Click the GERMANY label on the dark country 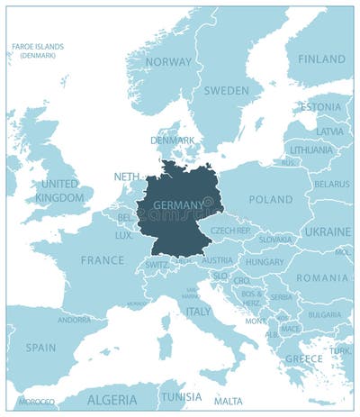click(177, 205)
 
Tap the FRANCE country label click(103, 259)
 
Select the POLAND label click(270, 199)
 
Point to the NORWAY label click(168, 62)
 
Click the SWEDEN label click(226, 91)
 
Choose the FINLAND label click(321, 59)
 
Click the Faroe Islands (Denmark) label click(37, 50)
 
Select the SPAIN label click(40, 347)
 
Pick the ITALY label click(198, 311)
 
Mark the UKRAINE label click(328, 231)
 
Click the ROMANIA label click(322, 278)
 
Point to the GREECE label click(303, 358)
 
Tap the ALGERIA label click(112, 398)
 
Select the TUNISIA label click(182, 397)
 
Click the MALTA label click(228, 401)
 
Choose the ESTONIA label click(320, 107)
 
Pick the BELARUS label click(331, 184)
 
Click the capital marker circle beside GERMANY click(208, 201)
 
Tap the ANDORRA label click(74, 319)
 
